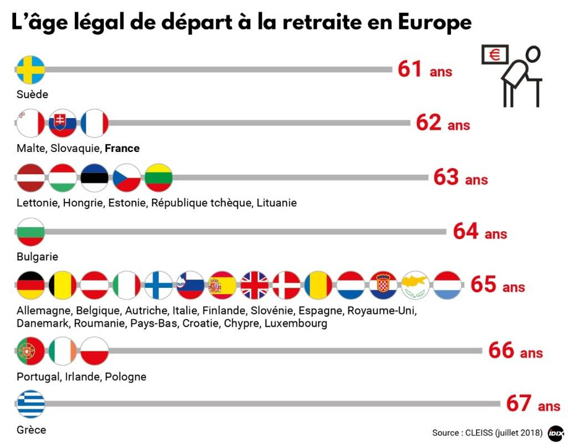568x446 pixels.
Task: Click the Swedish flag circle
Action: pyautogui.click(x=31, y=69)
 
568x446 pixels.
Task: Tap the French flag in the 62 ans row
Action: pyautogui.click(x=94, y=123)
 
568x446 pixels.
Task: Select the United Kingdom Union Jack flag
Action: pyautogui.click(x=254, y=286)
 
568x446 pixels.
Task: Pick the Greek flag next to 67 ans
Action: pyautogui.click(x=31, y=404)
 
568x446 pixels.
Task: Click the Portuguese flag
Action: pyautogui.click(x=31, y=351)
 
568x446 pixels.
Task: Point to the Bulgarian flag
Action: pyautogui.click(x=31, y=232)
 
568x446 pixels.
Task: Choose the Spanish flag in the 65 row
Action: pyautogui.click(x=222, y=286)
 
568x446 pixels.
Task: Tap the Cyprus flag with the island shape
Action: pyautogui.click(x=414, y=286)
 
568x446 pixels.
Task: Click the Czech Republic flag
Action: pyautogui.click(x=126, y=178)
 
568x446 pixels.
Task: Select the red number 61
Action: pyautogui.click(x=410, y=69)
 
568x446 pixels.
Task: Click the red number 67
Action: pyautogui.click(x=519, y=404)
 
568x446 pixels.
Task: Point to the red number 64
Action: pyautogui.click(x=466, y=231)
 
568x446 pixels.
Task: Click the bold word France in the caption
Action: pyautogui.click(x=122, y=148)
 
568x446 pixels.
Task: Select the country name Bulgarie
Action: pyautogui.click(x=37, y=257)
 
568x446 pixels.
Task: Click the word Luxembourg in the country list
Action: pyautogui.click(x=296, y=323)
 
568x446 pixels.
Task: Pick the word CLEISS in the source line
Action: pyautogui.click(x=478, y=432)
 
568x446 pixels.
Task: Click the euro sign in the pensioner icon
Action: pyautogui.click(x=494, y=54)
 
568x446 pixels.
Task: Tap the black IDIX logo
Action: pyautogui.click(x=555, y=433)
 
